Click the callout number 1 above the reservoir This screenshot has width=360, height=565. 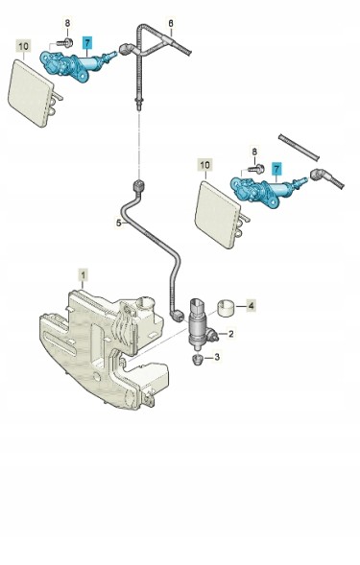84,276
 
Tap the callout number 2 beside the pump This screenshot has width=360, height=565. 230,334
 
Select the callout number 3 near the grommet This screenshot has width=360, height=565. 217,357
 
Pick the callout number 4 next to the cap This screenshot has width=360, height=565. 252,306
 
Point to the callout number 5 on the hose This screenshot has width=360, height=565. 118,224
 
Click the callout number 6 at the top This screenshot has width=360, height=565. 171,23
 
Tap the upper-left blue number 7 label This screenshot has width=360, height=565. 87,43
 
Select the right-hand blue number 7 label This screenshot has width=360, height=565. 276,169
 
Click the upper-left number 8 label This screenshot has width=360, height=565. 67,23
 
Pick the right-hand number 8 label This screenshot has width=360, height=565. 255,152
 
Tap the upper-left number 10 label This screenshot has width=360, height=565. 24,46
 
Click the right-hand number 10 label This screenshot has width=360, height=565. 204,165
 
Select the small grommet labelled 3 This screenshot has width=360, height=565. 197,360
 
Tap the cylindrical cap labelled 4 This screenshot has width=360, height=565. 227,309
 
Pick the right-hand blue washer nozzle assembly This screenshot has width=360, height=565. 267,188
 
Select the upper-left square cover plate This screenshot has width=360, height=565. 33,93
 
